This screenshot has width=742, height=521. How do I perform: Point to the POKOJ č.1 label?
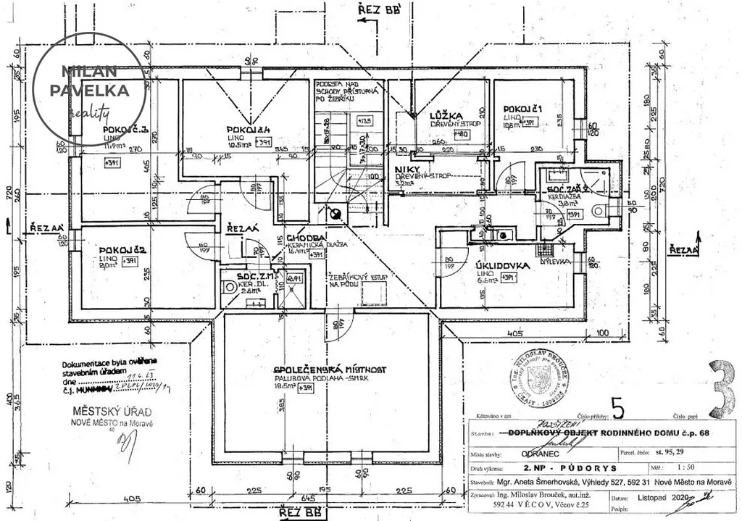523,109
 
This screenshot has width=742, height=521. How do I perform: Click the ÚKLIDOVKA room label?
502,265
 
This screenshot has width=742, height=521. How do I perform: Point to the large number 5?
617,410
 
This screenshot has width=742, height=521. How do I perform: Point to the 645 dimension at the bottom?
309,497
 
